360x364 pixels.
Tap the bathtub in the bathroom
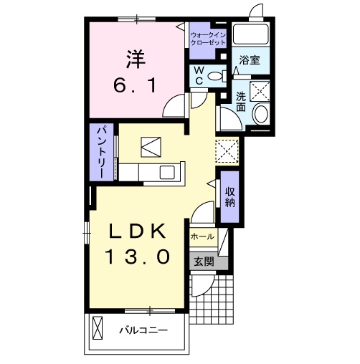coord(251,34)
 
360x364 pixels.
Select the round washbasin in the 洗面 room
coord(261,114)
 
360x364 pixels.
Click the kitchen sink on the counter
coord(167,172)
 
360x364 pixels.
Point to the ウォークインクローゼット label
coord(208,39)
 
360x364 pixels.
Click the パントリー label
coord(101,153)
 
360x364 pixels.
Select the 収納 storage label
coord(229,197)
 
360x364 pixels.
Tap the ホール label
coord(202,236)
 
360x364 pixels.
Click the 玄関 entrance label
coord(204,262)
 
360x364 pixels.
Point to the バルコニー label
coord(143,330)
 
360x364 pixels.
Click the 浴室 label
coord(250,60)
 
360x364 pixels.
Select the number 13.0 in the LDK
coord(137,257)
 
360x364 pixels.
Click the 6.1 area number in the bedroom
coord(136,86)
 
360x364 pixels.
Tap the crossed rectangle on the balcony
coord(98,327)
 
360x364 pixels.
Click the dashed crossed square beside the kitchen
coord(227,151)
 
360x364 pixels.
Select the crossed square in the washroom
coord(260,91)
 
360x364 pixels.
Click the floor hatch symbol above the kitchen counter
coord(151,147)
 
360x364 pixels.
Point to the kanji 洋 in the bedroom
coord(136,59)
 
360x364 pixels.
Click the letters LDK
coord(138,231)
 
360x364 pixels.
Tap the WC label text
coord(199,76)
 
